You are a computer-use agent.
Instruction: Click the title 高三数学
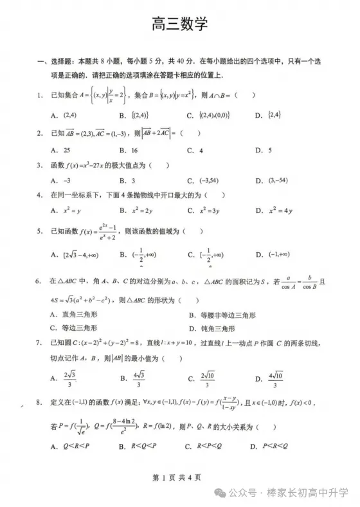point(180,24)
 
